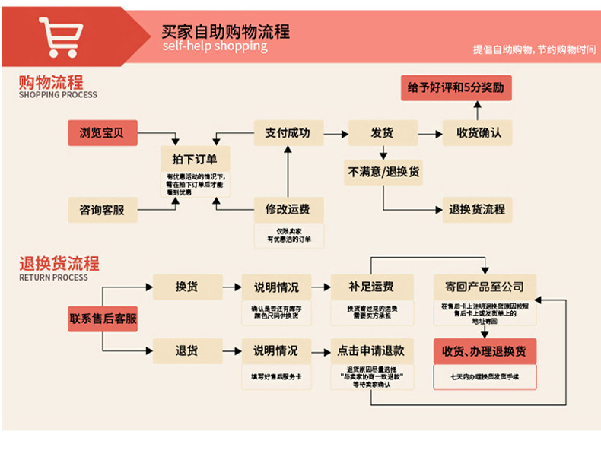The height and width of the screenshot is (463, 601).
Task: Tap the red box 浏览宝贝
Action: tap(102, 133)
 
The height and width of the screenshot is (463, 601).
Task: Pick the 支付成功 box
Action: tap(288, 132)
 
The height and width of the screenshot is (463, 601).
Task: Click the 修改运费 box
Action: tap(288, 209)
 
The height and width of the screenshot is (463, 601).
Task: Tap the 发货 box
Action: tap(382, 132)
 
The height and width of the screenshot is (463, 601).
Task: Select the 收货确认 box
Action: tap(479, 132)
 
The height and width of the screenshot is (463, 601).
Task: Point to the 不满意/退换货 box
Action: tap(383, 172)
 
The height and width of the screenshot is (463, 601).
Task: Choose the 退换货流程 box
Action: tap(477, 209)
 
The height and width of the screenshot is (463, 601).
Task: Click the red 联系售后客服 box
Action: tap(103, 319)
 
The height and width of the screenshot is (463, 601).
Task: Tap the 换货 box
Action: tap(186, 287)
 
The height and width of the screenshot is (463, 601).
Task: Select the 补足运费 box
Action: tap(371, 287)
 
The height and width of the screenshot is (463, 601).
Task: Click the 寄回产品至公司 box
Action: tap(485, 287)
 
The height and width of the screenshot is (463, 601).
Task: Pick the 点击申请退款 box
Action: tap(371, 351)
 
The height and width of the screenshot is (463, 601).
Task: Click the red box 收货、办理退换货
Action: tap(485, 351)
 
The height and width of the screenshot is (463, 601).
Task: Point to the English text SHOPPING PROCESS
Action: tap(58, 95)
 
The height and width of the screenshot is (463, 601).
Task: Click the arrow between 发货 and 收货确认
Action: tap(431, 133)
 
